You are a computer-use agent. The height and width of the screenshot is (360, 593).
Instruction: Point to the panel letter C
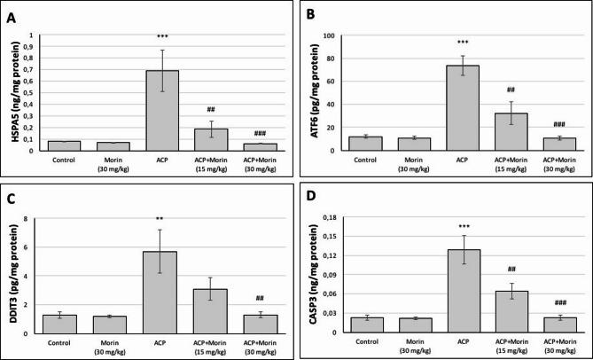click(x=12, y=197)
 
